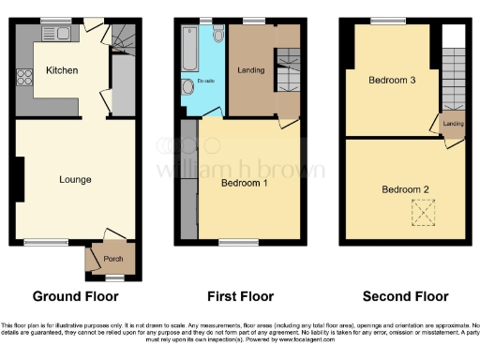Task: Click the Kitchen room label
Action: pyautogui.click(x=61, y=70)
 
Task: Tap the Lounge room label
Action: pyautogui.click(x=74, y=179)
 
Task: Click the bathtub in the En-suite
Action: pyautogui.click(x=191, y=46)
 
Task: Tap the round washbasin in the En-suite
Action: pyautogui.click(x=187, y=90)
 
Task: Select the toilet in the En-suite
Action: pyautogui.click(x=217, y=36)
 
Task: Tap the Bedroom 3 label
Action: pyautogui.click(x=391, y=81)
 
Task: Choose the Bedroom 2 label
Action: pyautogui.click(x=405, y=189)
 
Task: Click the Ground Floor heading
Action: pyautogui.click(x=75, y=297)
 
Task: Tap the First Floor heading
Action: pyautogui.click(x=240, y=297)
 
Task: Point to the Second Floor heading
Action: pyautogui.click(x=405, y=297)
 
